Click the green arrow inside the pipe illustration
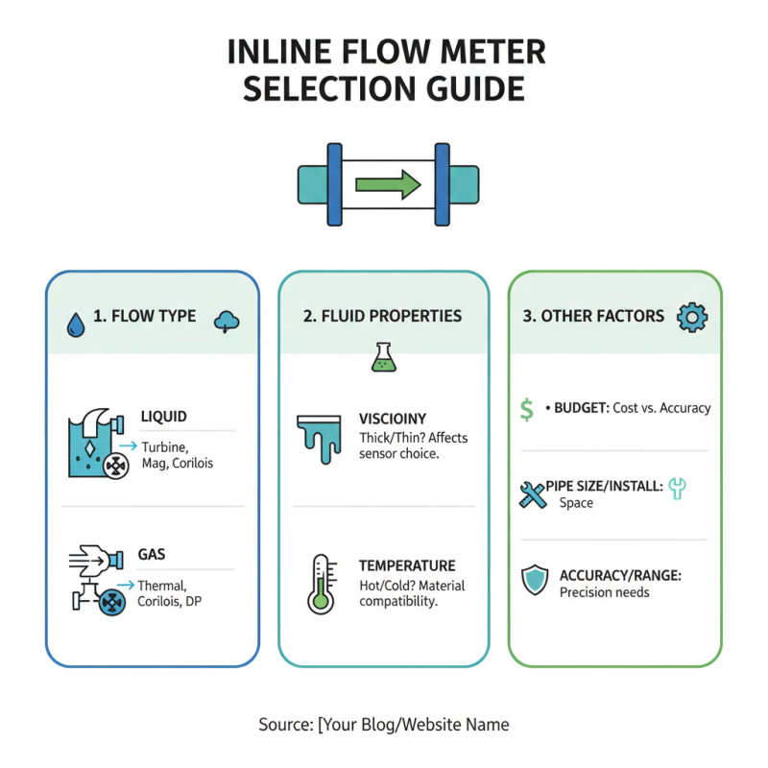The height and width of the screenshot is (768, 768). click(x=388, y=182)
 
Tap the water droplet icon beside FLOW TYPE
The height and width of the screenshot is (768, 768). click(x=75, y=324)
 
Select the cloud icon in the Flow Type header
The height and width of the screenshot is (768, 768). click(x=228, y=322)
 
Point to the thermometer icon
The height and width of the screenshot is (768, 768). click(x=320, y=584)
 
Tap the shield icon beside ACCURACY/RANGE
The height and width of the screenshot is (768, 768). click(x=534, y=581)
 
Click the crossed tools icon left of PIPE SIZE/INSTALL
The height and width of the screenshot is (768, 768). click(x=532, y=494)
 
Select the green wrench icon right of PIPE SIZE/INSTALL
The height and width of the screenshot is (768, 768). click(x=678, y=489)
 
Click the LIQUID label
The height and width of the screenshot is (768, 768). click(x=163, y=417)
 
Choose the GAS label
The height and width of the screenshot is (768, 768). click(x=152, y=555)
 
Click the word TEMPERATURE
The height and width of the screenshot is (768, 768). click(x=407, y=566)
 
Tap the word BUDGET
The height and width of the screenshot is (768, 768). click(x=581, y=408)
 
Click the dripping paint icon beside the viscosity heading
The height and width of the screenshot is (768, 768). click(x=319, y=433)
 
